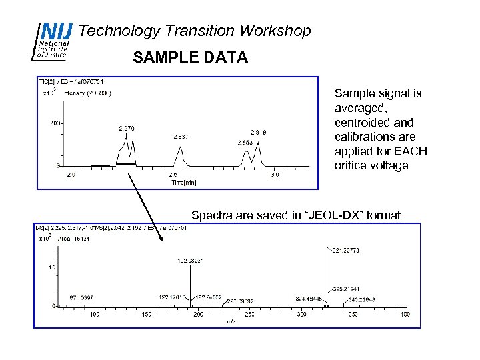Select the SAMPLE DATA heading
190,58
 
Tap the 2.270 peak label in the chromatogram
127,127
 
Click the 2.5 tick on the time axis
173,175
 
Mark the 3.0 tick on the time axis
275,175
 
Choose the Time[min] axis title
183,182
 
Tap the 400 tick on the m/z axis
405,314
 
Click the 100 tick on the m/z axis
94,314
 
